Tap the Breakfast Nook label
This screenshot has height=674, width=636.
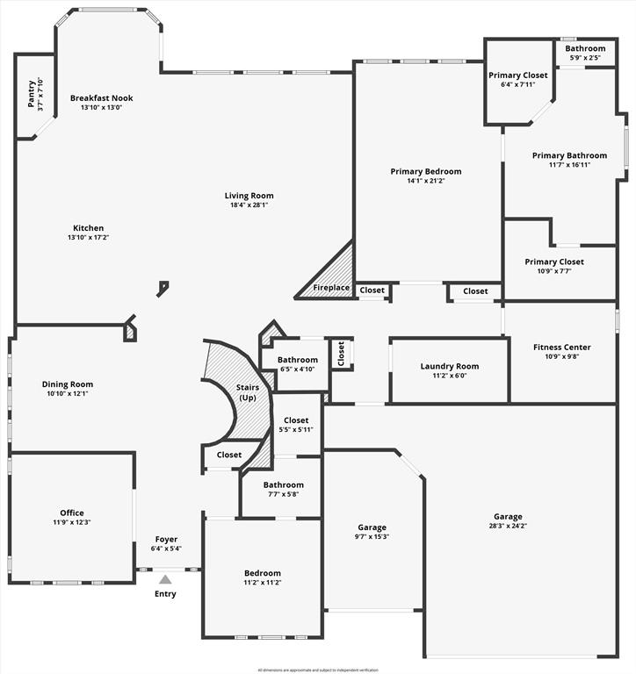tap(102, 98)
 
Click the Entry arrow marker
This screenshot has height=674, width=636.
tap(165, 579)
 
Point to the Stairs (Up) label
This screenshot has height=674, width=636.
tap(248, 392)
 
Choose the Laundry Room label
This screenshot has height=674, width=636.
tap(449, 366)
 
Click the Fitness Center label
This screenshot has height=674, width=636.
tap(562, 347)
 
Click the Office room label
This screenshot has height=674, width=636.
tap(72, 513)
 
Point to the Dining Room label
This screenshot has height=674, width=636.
tap(68, 384)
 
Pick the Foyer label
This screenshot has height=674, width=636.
tap(166, 539)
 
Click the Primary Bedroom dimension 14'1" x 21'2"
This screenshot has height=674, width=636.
tap(426, 182)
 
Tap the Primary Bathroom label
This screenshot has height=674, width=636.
tap(569, 155)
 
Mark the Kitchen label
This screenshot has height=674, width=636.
tap(88, 228)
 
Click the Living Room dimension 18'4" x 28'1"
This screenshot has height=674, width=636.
tap(249, 205)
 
